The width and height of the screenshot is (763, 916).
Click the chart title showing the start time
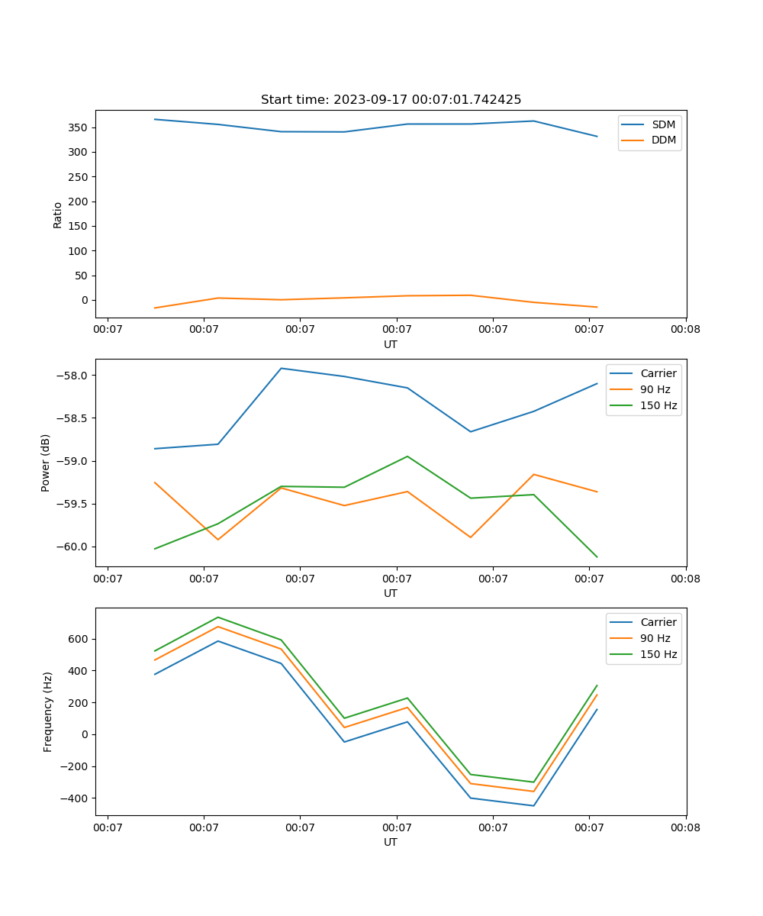tap(391, 100)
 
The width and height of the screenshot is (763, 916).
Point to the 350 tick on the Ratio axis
tap(79, 127)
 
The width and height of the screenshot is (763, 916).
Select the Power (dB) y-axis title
tap(46, 463)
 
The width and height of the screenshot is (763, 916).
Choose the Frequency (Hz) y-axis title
tap(48, 711)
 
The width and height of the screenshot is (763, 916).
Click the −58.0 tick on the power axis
tap(74, 376)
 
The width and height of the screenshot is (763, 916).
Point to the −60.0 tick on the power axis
tap(74, 547)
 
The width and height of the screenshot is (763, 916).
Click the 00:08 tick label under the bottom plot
tap(685, 827)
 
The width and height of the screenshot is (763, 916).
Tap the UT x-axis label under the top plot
tap(391, 344)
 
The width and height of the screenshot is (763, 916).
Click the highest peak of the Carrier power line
tap(282, 368)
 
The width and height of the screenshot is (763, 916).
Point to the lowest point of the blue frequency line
tap(533, 805)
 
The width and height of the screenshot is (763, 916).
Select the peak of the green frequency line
tap(218, 617)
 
